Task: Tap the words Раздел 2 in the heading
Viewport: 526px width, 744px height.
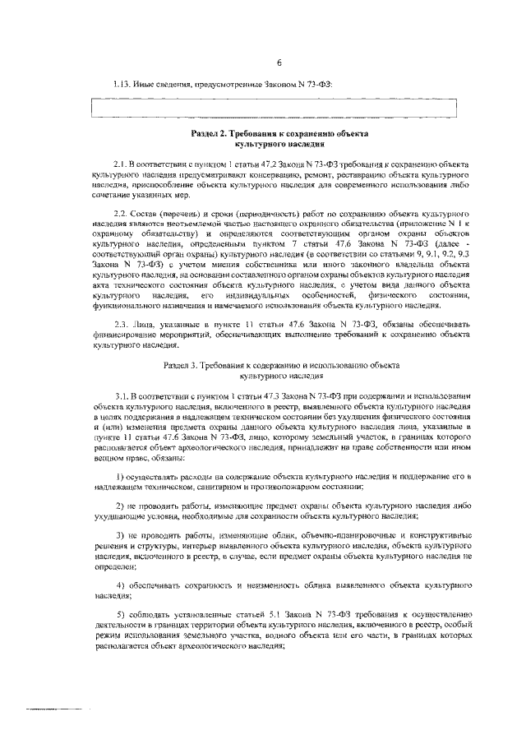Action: click(210, 133)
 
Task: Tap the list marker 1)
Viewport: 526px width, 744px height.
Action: click(121, 477)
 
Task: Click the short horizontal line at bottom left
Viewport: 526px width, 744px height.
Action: click(58, 708)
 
